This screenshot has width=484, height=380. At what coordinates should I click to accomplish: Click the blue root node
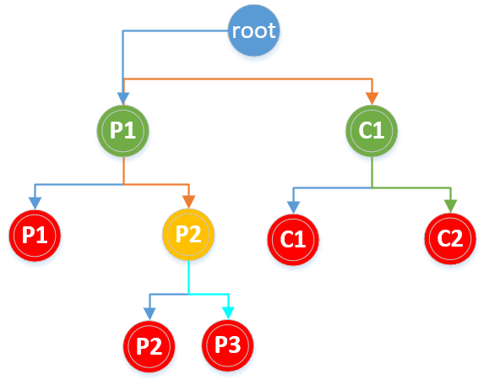pos(253,30)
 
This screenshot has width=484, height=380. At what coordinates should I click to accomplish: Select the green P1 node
pos(123,131)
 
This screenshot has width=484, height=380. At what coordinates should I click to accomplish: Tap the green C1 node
pos(372,131)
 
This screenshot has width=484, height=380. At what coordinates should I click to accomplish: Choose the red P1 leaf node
pos(35,236)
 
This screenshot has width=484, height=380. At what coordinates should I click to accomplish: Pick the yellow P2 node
pos(188,234)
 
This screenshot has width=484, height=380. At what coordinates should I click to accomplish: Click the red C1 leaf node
pos(293,239)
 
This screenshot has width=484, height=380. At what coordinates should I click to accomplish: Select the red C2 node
pos(450,238)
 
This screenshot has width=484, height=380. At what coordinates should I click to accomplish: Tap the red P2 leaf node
pos(150,346)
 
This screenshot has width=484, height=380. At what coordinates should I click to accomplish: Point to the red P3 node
pos(228,345)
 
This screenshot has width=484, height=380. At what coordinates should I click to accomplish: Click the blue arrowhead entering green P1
pos(123,99)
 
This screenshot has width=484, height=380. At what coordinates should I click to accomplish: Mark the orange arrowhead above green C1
pos(372,99)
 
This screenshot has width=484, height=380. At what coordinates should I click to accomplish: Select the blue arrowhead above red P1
pos(35,204)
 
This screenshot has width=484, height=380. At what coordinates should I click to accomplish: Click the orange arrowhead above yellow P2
pos(188,202)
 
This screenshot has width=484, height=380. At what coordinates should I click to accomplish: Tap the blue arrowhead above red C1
pos(293,207)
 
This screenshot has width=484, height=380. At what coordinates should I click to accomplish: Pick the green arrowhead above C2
pos(451,206)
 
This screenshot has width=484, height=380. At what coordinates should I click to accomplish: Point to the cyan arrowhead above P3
pos(228,313)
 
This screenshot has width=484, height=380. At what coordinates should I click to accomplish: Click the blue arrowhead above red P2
pos(150,314)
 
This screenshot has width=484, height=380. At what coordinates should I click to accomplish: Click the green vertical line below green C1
pos(372,172)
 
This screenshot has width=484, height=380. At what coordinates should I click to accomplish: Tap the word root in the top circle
pos(253,30)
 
